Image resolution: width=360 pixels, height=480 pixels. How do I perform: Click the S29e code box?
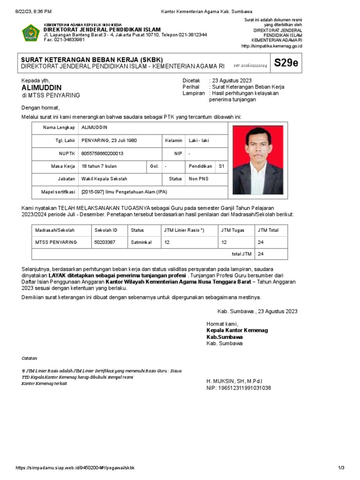(286, 63)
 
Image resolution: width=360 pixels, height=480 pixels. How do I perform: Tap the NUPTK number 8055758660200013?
(103, 153)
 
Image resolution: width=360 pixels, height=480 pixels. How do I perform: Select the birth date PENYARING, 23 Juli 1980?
(109, 141)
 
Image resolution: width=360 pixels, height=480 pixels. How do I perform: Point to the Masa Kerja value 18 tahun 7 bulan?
(99, 166)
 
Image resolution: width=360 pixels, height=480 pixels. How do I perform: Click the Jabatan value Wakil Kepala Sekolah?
(104, 179)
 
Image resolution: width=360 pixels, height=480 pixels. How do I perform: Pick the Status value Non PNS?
(199, 179)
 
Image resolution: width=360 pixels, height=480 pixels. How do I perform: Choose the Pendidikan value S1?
(222, 166)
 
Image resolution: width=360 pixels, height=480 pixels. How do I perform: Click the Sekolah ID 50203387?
(105, 242)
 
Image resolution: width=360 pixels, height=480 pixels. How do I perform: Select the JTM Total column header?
(268, 230)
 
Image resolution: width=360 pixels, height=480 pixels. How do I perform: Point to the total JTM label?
(241, 254)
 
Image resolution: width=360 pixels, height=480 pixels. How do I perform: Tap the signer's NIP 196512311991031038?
(239, 388)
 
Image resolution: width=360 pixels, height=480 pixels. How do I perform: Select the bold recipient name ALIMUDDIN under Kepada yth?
(41, 88)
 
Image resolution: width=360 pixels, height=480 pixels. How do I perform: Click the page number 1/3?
(341, 468)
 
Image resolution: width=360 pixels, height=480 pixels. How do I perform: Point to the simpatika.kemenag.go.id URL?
(271, 46)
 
